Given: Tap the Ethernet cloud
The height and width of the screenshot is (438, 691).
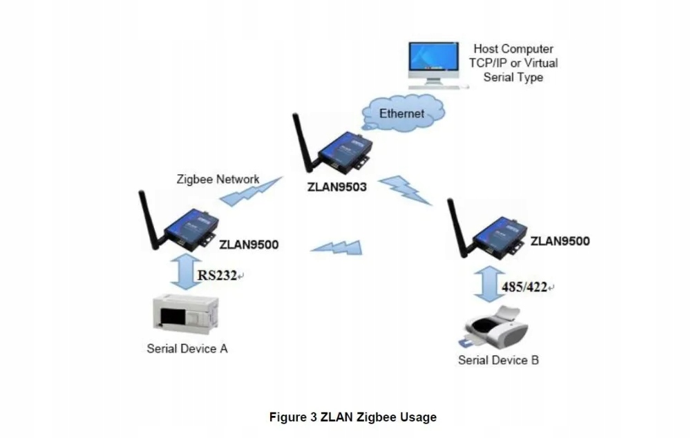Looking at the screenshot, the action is [x=403, y=113].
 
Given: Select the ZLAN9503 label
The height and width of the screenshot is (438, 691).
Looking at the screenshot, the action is [x=337, y=187].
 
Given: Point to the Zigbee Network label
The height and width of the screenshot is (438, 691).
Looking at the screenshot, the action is [x=218, y=180].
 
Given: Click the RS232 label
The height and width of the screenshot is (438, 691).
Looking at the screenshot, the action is [x=217, y=276].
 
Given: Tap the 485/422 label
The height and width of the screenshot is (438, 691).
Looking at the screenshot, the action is [x=524, y=287].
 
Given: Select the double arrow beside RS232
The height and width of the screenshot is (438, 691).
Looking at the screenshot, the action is [x=185, y=272].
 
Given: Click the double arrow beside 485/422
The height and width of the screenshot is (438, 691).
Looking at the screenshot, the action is [x=489, y=284].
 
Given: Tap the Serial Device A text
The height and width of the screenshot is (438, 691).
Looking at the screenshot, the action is [x=187, y=349].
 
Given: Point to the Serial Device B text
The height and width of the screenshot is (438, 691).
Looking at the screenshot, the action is [x=498, y=361].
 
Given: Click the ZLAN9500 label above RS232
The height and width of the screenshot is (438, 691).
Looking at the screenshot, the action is [x=249, y=245].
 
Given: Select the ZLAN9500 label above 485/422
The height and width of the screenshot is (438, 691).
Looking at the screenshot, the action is [x=560, y=242].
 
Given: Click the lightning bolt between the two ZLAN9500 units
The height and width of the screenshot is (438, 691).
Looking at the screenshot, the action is [x=337, y=247].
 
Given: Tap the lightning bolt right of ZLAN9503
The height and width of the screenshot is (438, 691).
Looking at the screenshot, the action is [x=405, y=189].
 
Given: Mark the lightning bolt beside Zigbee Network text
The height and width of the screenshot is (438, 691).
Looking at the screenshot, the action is [x=252, y=191].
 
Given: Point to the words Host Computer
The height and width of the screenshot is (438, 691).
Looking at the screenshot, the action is [x=513, y=49].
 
